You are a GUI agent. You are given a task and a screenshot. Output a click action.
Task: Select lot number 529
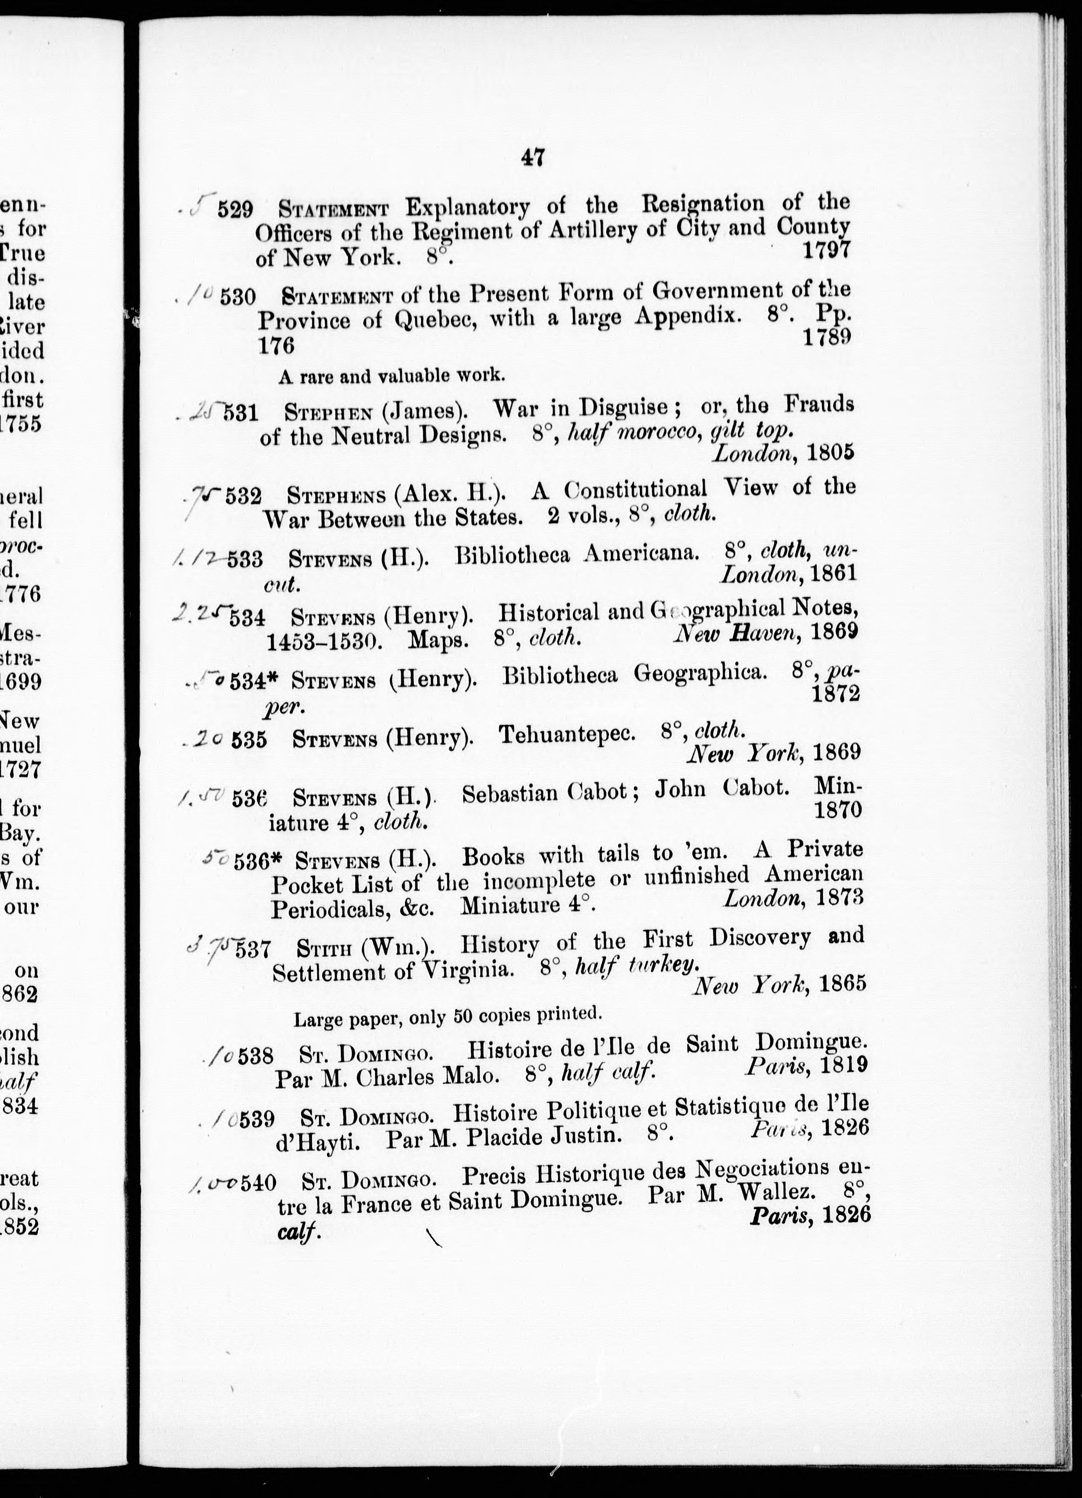[235, 210]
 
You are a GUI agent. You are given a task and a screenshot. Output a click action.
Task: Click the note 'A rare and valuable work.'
[392, 376]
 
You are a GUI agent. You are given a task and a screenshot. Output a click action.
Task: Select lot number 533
[244, 560]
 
